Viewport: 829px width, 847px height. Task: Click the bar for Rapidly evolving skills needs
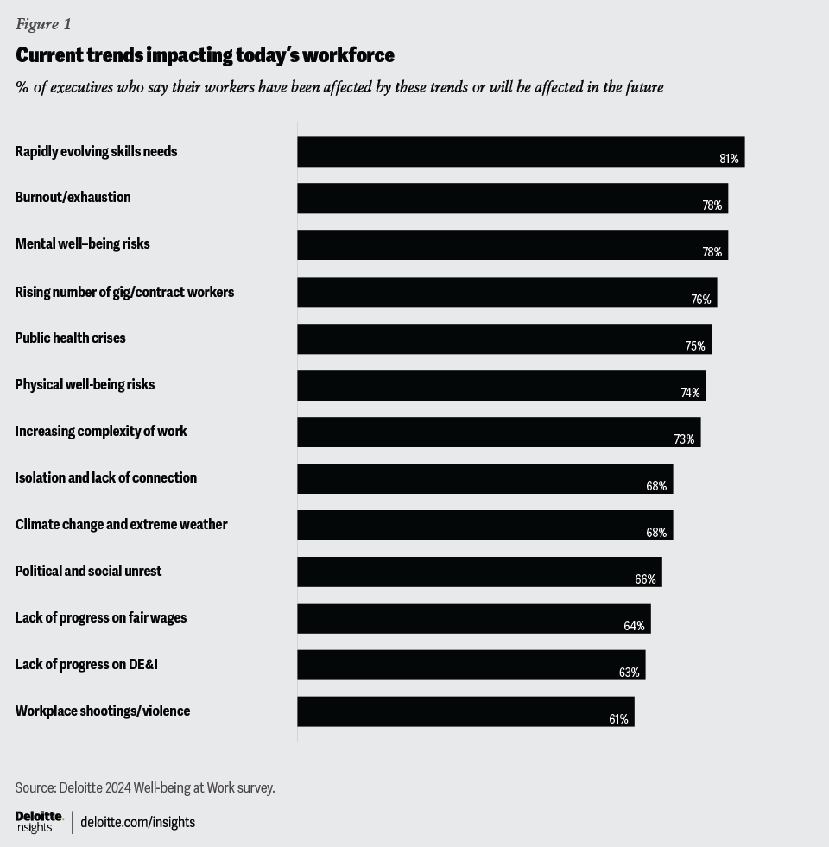pos(520,151)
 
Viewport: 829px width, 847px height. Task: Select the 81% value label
pos(729,159)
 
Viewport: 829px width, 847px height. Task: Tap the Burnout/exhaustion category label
pos(73,197)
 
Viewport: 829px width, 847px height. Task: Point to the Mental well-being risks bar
pos(512,244)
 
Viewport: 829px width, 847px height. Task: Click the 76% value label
pos(701,300)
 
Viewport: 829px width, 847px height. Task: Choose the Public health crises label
pos(70,338)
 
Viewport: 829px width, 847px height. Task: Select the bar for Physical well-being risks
pos(501,385)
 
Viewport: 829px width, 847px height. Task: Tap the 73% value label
pos(684,439)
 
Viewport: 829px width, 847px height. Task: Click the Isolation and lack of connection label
pos(105,477)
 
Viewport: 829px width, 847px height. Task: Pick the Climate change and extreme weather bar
pos(484,525)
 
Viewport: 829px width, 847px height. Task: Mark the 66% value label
pos(645,579)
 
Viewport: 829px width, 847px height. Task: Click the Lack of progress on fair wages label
pos(100,617)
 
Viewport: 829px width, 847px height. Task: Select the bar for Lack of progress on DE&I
pos(471,665)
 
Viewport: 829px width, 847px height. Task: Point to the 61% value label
pos(618,719)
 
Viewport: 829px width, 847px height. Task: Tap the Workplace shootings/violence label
pos(102,711)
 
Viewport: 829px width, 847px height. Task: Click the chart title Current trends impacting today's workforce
pos(205,55)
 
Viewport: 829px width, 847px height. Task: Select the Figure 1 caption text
pos(43,24)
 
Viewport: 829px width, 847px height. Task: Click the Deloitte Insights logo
pos(39,822)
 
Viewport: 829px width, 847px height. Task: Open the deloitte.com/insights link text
pos(137,822)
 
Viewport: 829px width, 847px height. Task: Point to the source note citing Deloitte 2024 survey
pos(144,787)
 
